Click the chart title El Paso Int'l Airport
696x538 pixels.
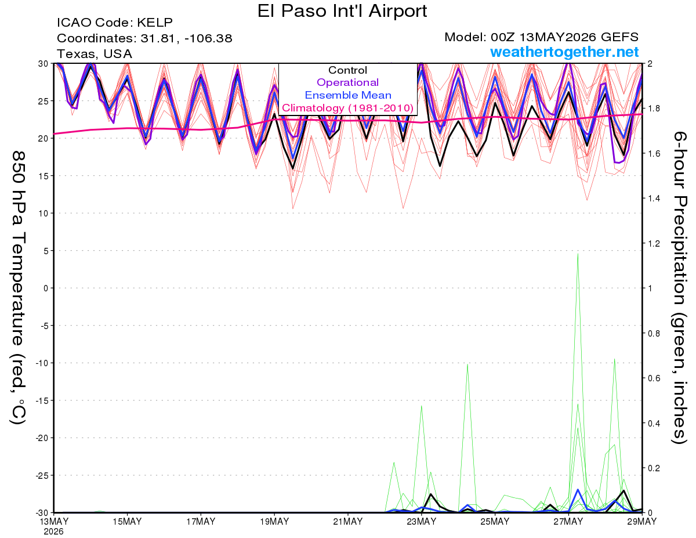(342, 11)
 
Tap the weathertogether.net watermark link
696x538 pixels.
(564, 52)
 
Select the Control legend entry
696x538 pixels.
(347, 70)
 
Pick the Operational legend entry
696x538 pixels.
(347, 82)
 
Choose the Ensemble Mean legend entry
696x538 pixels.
(348, 95)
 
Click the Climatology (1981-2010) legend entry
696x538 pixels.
(348, 108)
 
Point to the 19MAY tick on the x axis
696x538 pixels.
(274, 521)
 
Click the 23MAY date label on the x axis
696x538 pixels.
(421, 521)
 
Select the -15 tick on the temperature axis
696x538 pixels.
(42, 400)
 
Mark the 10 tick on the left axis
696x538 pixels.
(43, 214)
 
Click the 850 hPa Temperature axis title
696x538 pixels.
(18, 288)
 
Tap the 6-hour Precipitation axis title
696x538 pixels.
(679, 288)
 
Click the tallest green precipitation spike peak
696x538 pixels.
(578, 254)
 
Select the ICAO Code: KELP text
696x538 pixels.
(115, 23)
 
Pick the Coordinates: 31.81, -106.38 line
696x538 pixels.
(144, 38)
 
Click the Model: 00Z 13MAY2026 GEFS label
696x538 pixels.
(541, 37)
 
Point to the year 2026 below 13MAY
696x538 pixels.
(54, 532)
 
